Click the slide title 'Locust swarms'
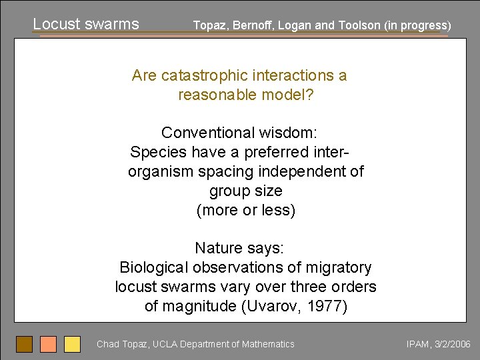point(86,24)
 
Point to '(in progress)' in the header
point(418,25)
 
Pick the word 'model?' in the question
point(290,95)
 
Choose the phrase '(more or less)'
point(245,211)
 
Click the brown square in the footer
point(24,344)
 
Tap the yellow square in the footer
point(72,344)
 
